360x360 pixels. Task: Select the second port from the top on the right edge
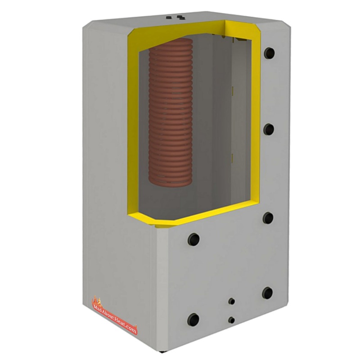pyautogui.click(x=269, y=130)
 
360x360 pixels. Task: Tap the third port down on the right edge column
pyautogui.click(x=269, y=217)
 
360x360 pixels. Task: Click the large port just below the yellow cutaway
pyautogui.click(x=195, y=237)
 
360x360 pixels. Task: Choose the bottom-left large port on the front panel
pyautogui.click(x=194, y=319)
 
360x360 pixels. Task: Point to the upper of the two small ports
pyautogui.click(x=232, y=301)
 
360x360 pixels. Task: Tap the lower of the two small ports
pyautogui.click(x=231, y=319)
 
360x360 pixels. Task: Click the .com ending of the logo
pyautogui.click(x=130, y=330)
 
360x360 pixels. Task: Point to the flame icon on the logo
pyautogui.click(x=96, y=300)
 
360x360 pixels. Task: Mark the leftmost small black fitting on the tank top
pyautogui.click(x=168, y=17)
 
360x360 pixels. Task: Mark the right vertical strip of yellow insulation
pyautogui.click(x=256, y=126)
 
